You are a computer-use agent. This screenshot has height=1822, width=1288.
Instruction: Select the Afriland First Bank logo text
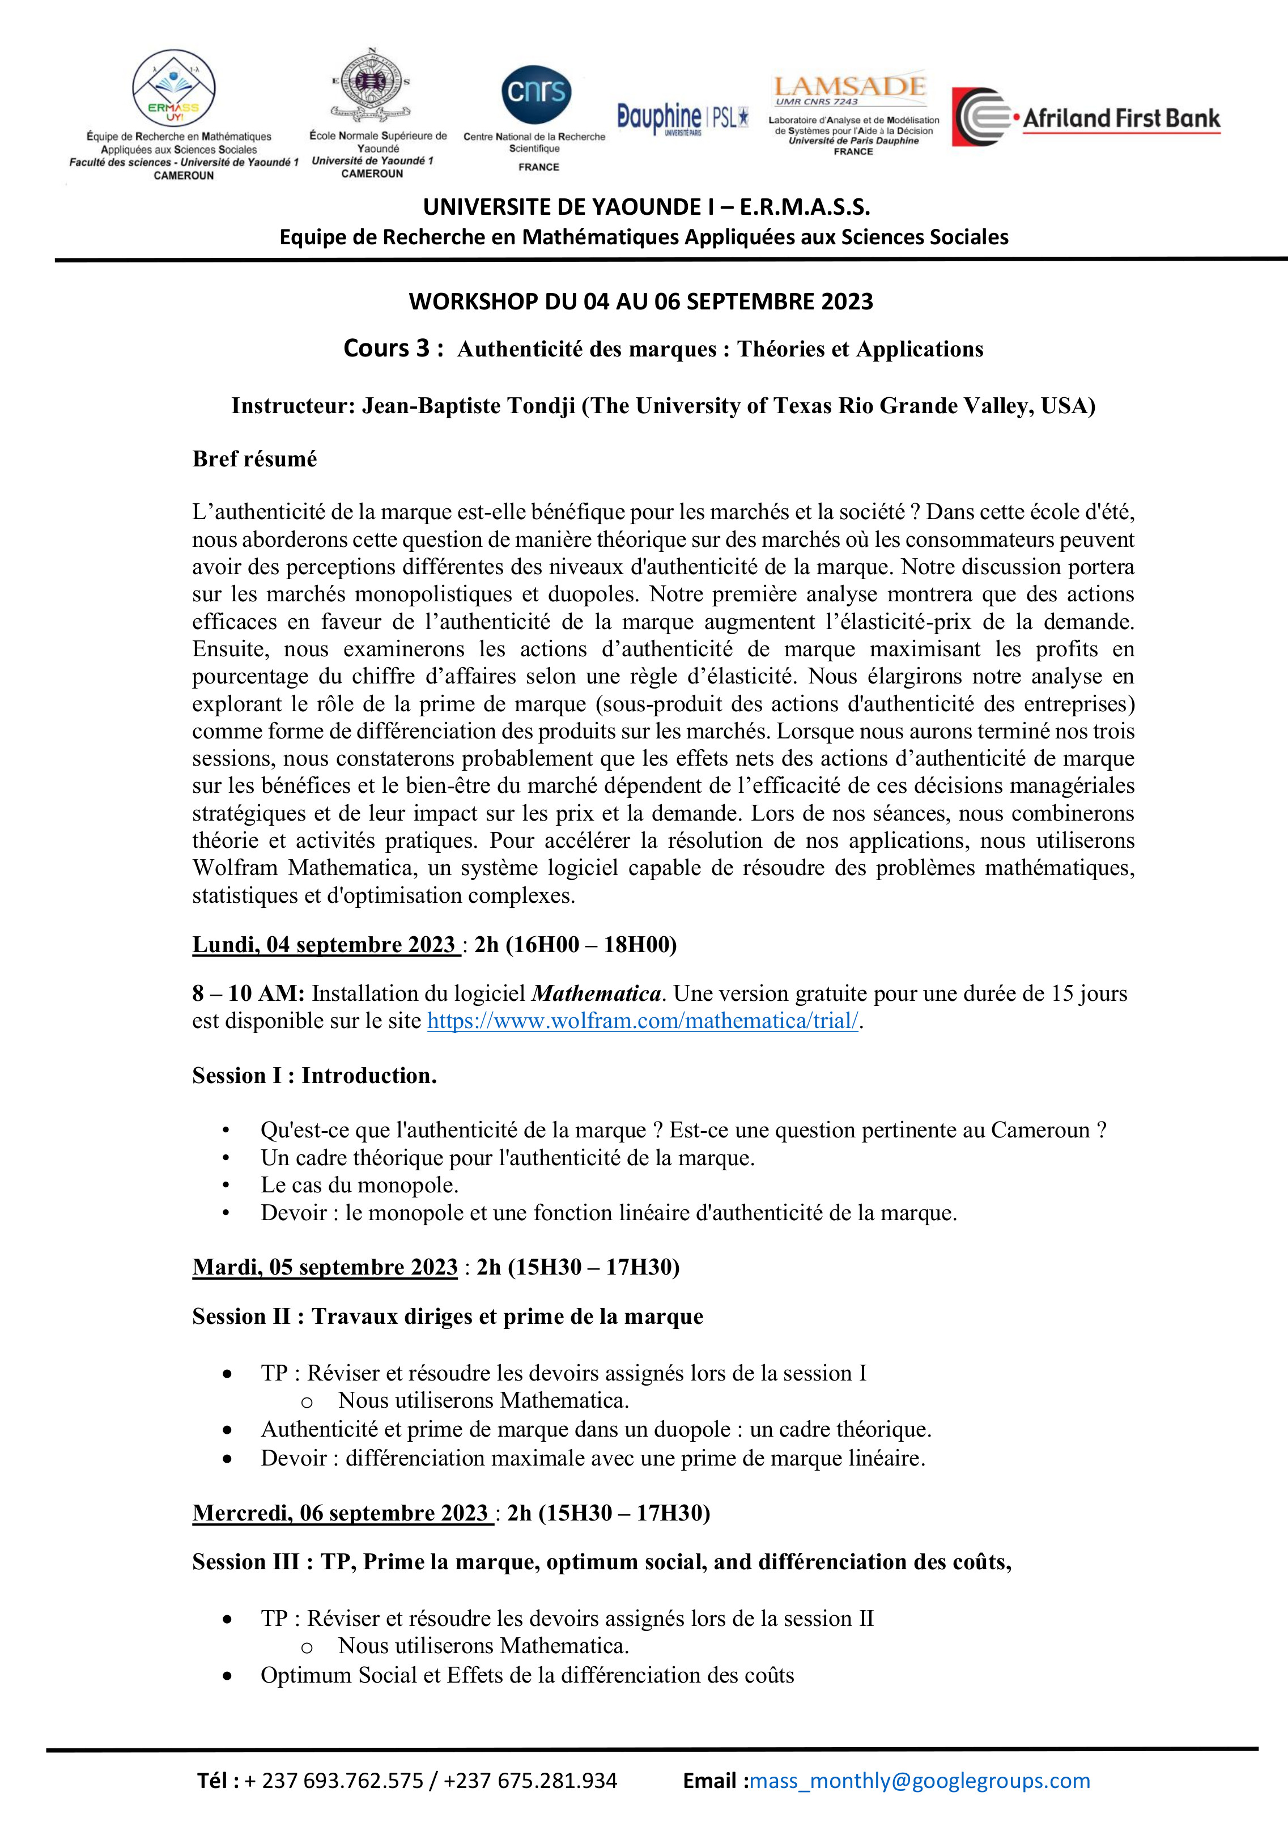coord(1120,119)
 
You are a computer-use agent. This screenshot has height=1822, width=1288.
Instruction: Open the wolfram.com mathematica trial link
coord(643,1021)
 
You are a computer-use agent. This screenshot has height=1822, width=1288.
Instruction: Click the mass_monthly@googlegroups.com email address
coord(920,1781)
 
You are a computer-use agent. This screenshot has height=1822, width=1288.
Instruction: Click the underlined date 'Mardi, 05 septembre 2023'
coord(325,1267)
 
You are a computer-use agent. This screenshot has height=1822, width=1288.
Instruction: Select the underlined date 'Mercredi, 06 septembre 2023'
coord(341,1513)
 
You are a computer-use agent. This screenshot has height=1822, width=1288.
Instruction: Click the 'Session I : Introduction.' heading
coord(314,1075)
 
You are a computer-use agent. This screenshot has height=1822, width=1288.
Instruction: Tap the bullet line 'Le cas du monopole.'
coord(359,1185)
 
